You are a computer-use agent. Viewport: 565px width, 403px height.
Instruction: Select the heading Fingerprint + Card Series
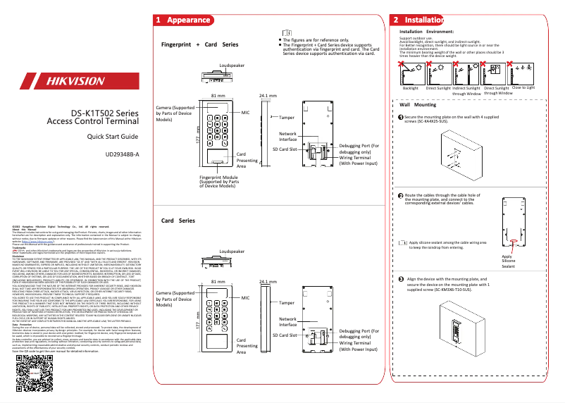[x=199, y=44]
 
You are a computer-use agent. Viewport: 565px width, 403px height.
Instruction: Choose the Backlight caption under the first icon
[x=410, y=88]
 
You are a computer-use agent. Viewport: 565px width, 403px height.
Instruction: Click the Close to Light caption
[x=523, y=87]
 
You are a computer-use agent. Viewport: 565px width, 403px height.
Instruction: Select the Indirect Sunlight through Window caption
[x=466, y=90]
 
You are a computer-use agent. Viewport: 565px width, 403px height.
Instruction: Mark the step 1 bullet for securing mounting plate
[x=401, y=116]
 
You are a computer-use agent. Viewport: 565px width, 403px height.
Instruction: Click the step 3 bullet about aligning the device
[x=401, y=280]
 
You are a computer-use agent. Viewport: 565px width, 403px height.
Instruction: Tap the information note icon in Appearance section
[x=286, y=33]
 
